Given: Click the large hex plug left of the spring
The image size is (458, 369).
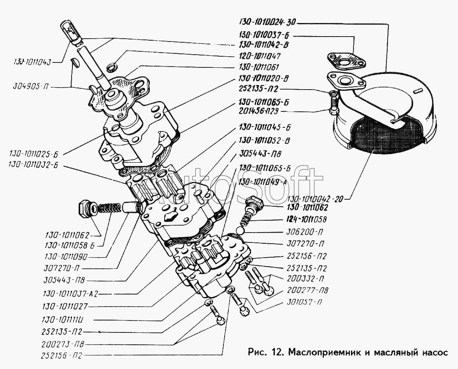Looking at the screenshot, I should coord(85,208).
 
